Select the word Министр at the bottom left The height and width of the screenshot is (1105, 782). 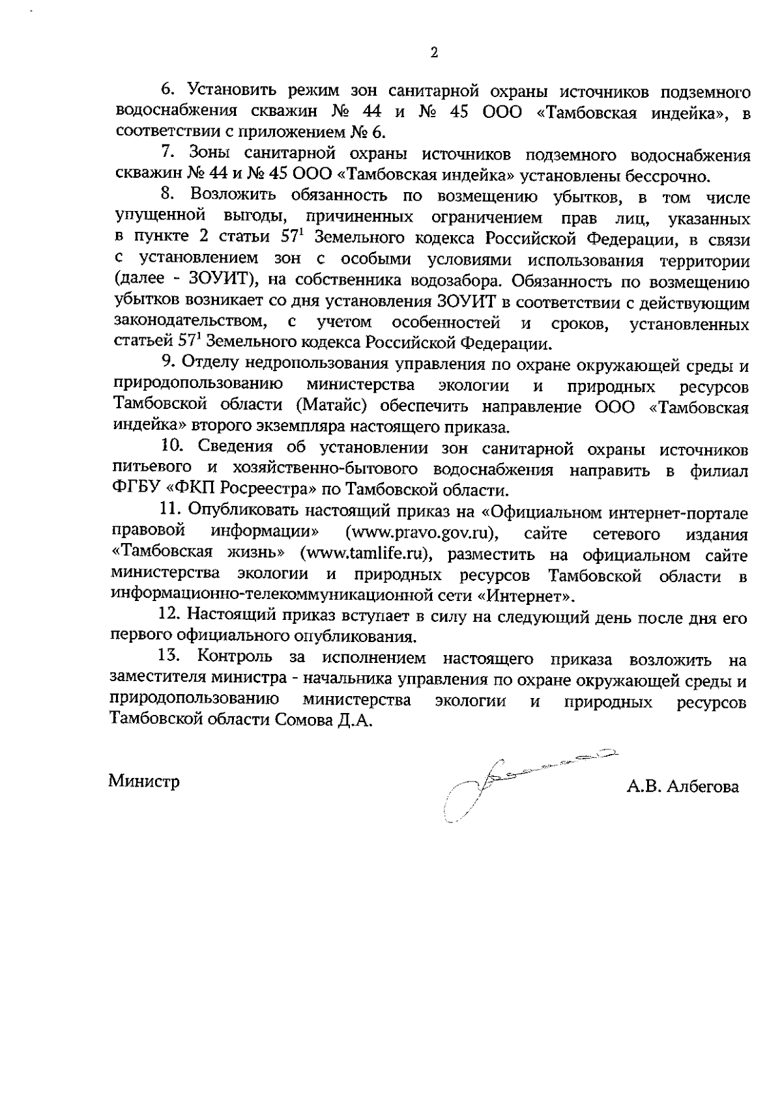[x=144, y=781]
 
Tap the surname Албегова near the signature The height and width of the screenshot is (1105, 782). [x=702, y=787]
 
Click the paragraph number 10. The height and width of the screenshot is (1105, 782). [x=171, y=449]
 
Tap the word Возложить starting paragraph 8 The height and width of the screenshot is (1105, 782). [x=233, y=196]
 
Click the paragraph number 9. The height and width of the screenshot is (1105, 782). [x=166, y=363]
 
